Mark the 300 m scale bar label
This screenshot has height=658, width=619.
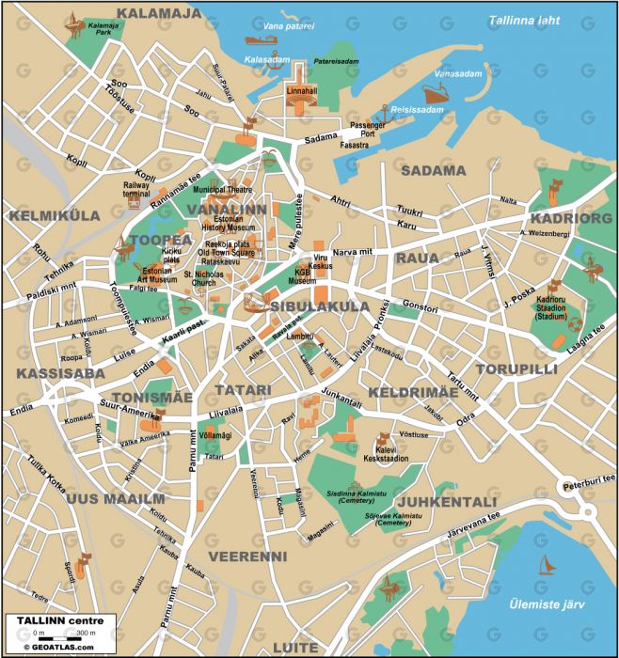tap(86, 634)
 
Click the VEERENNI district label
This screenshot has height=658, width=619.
tap(246, 556)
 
